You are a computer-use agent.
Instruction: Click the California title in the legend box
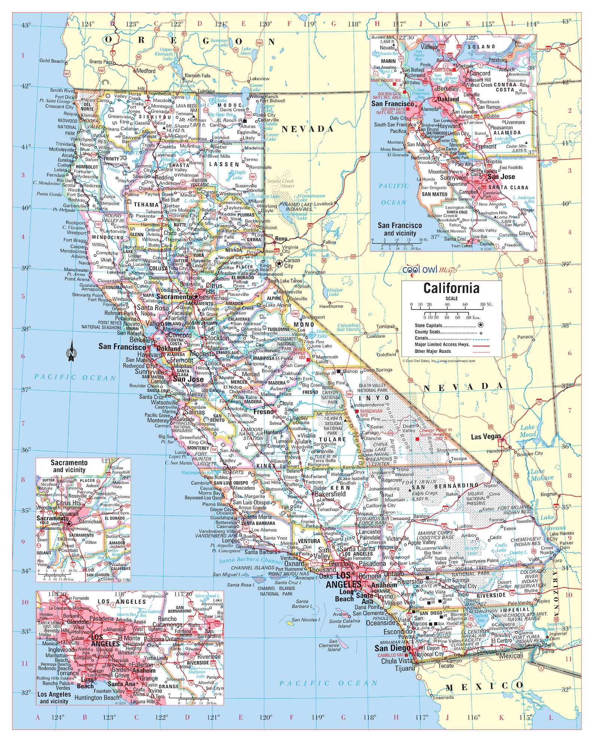tap(451, 288)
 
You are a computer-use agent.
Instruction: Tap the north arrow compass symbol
tap(71, 352)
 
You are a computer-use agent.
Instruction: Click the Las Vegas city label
tap(486, 437)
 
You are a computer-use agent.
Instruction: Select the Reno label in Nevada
tap(281, 238)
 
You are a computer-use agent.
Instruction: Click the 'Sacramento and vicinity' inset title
tap(69, 466)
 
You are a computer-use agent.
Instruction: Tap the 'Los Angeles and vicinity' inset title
tap(54, 698)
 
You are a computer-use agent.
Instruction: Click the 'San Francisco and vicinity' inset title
tap(399, 229)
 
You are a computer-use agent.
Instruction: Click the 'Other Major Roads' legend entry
tap(433, 351)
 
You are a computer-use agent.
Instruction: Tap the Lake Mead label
tap(527, 431)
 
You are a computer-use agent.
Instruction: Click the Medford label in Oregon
tap(146, 71)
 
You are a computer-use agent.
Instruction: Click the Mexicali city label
tap(511, 656)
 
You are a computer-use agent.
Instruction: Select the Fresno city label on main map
tap(263, 412)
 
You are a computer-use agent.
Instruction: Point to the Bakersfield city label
tap(330, 494)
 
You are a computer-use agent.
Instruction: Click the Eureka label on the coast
tap(64, 160)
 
